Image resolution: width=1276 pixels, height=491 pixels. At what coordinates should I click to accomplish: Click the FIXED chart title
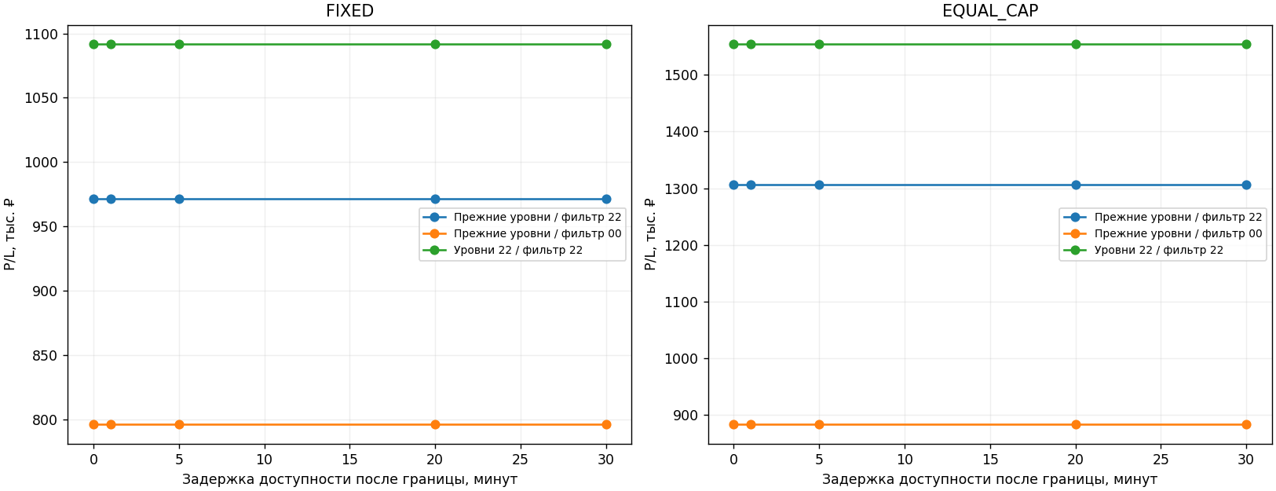(349, 11)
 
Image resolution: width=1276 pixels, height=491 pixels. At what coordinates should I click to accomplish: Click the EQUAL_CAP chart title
(990, 11)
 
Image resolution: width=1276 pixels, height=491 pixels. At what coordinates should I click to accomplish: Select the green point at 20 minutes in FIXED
(435, 45)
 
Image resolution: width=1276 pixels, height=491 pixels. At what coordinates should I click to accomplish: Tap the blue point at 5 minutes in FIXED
(180, 200)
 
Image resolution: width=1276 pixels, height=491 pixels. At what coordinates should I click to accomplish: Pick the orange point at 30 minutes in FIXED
(606, 424)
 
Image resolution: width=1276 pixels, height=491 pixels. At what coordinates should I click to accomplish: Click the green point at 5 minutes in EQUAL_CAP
(819, 45)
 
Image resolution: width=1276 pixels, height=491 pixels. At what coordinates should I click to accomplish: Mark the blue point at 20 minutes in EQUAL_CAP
(1076, 185)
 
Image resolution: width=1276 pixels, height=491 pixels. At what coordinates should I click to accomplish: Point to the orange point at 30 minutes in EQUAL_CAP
(1246, 424)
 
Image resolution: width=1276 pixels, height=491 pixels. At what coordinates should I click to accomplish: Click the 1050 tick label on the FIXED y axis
(41, 98)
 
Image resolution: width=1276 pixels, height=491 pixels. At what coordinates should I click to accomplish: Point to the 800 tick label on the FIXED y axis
(46, 420)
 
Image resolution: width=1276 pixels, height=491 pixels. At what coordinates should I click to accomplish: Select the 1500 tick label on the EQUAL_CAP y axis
(682, 75)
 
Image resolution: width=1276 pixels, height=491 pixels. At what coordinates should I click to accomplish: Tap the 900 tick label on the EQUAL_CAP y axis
(686, 416)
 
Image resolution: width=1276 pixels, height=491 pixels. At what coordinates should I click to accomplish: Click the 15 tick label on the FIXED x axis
(349, 459)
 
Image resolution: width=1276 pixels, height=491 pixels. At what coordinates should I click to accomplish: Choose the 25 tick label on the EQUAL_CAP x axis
(1161, 459)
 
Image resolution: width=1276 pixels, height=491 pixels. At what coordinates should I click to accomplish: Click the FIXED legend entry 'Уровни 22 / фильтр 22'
(517, 250)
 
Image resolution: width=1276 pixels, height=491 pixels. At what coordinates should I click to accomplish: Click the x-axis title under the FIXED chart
(349, 479)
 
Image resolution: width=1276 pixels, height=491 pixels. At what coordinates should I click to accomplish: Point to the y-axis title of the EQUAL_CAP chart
(650, 234)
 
